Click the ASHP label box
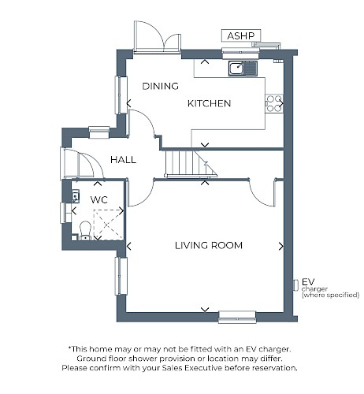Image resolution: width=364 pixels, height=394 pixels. click(241, 35)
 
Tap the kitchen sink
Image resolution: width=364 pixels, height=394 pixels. click(243, 69)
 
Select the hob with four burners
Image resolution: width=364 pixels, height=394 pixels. click(274, 103)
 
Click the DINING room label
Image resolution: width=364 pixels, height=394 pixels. click(160, 86)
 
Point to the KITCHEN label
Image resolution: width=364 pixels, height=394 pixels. click(209, 103)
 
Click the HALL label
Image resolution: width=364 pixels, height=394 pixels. click(123, 160)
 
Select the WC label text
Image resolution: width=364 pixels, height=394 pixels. click(99, 200)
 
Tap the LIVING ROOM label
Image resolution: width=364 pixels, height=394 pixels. click(209, 246)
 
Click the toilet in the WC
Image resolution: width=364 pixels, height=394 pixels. click(85, 231)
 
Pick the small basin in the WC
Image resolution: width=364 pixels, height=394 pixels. click(76, 197)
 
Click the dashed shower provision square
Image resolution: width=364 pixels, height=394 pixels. click(108, 225)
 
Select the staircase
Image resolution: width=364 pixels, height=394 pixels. click(191, 163)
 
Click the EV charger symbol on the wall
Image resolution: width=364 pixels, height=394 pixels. click(295, 285)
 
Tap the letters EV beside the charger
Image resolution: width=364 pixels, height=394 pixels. click(308, 282)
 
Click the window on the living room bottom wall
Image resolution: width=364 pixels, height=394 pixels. click(237, 317)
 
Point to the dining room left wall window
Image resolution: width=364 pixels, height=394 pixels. click(121, 95)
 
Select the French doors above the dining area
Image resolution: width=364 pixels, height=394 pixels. click(158, 38)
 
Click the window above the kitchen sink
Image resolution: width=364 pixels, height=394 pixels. click(241, 54)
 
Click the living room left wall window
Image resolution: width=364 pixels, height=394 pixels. click(121, 276)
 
